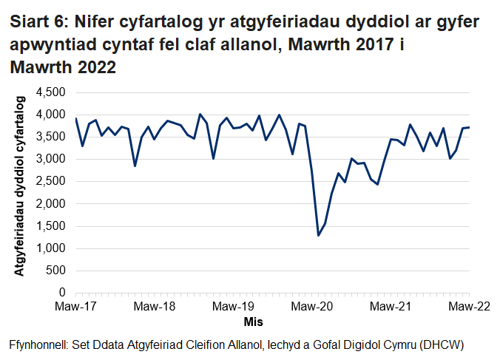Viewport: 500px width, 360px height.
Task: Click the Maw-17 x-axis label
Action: tap(75, 306)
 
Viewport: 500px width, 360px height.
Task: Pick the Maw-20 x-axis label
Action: tap(311, 306)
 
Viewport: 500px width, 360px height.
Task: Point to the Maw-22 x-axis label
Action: tap(468, 306)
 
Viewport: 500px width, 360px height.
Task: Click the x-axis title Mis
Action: tap(253, 322)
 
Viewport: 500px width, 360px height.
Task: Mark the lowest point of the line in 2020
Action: tap(318, 235)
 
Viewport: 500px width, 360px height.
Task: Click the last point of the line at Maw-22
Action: tap(469, 127)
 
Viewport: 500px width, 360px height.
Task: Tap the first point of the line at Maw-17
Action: tap(76, 118)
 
